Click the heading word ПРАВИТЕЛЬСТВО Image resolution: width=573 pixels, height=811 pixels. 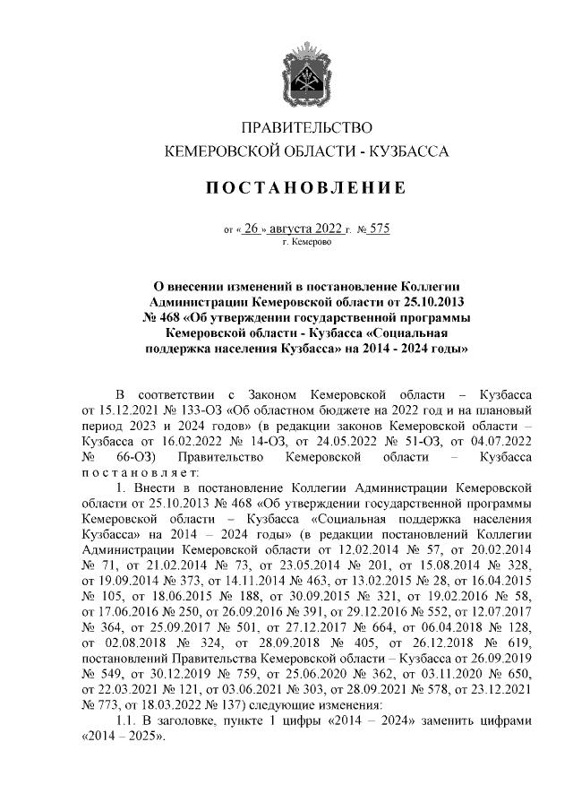[307, 128]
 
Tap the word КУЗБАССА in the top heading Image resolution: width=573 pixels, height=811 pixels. [409, 152]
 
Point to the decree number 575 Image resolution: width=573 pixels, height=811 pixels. [379, 229]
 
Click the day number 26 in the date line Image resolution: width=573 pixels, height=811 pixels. [252, 229]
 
